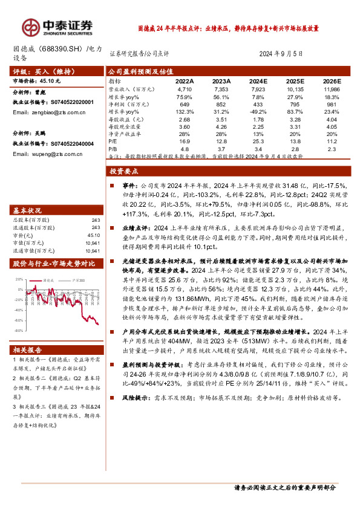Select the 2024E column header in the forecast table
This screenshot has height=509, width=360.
(258, 80)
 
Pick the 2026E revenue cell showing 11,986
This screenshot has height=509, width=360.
(332, 88)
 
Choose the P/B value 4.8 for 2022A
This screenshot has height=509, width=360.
(185, 148)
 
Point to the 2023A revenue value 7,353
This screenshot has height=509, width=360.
(222, 88)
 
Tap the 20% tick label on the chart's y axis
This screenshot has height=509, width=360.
(19, 280)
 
